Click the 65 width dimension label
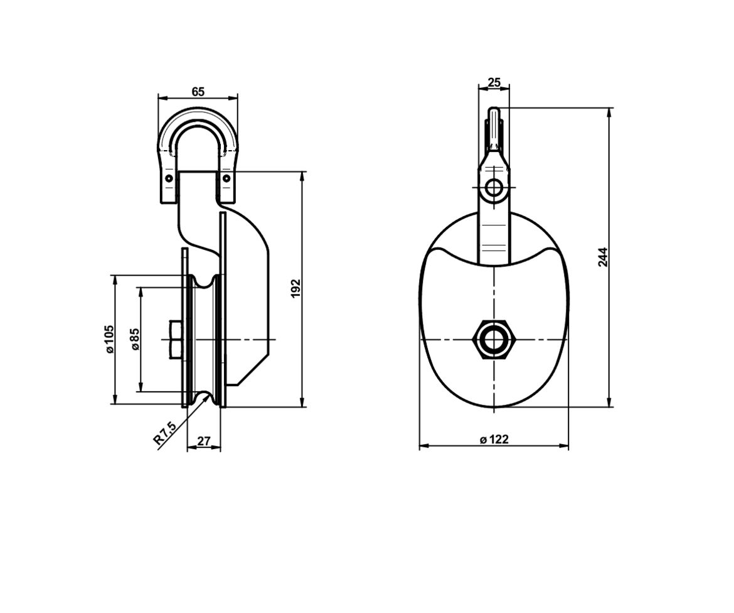[x=198, y=92]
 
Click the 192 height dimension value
[x=297, y=288]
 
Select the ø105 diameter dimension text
[x=110, y=339]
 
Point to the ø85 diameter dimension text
[x=134, y=339]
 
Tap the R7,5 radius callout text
[x=165, y=433]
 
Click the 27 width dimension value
[x=204, y=442]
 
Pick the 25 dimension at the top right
[x=494, y=82]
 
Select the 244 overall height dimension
[x=603, y=257]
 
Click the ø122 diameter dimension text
[x=494, y=440]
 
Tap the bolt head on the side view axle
[x=175, y=340]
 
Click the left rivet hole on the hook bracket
[x=168, y=179]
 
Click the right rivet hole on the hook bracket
[x=226, y=179]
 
